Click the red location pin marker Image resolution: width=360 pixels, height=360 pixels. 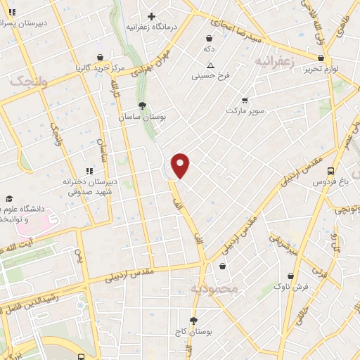point(181,165)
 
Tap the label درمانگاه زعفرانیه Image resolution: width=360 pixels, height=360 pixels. point(150,27)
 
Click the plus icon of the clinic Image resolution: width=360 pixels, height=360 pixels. point(151,15)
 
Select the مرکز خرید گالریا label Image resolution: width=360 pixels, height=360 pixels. point(100,68)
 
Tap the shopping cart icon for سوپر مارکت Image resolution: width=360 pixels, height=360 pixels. point(245,100)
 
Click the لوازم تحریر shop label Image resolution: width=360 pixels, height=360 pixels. point(321,69)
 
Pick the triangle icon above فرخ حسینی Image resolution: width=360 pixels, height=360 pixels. point(210,65)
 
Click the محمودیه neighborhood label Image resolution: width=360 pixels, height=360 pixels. point(214,288)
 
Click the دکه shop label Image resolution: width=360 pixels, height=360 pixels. point(209,49)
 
